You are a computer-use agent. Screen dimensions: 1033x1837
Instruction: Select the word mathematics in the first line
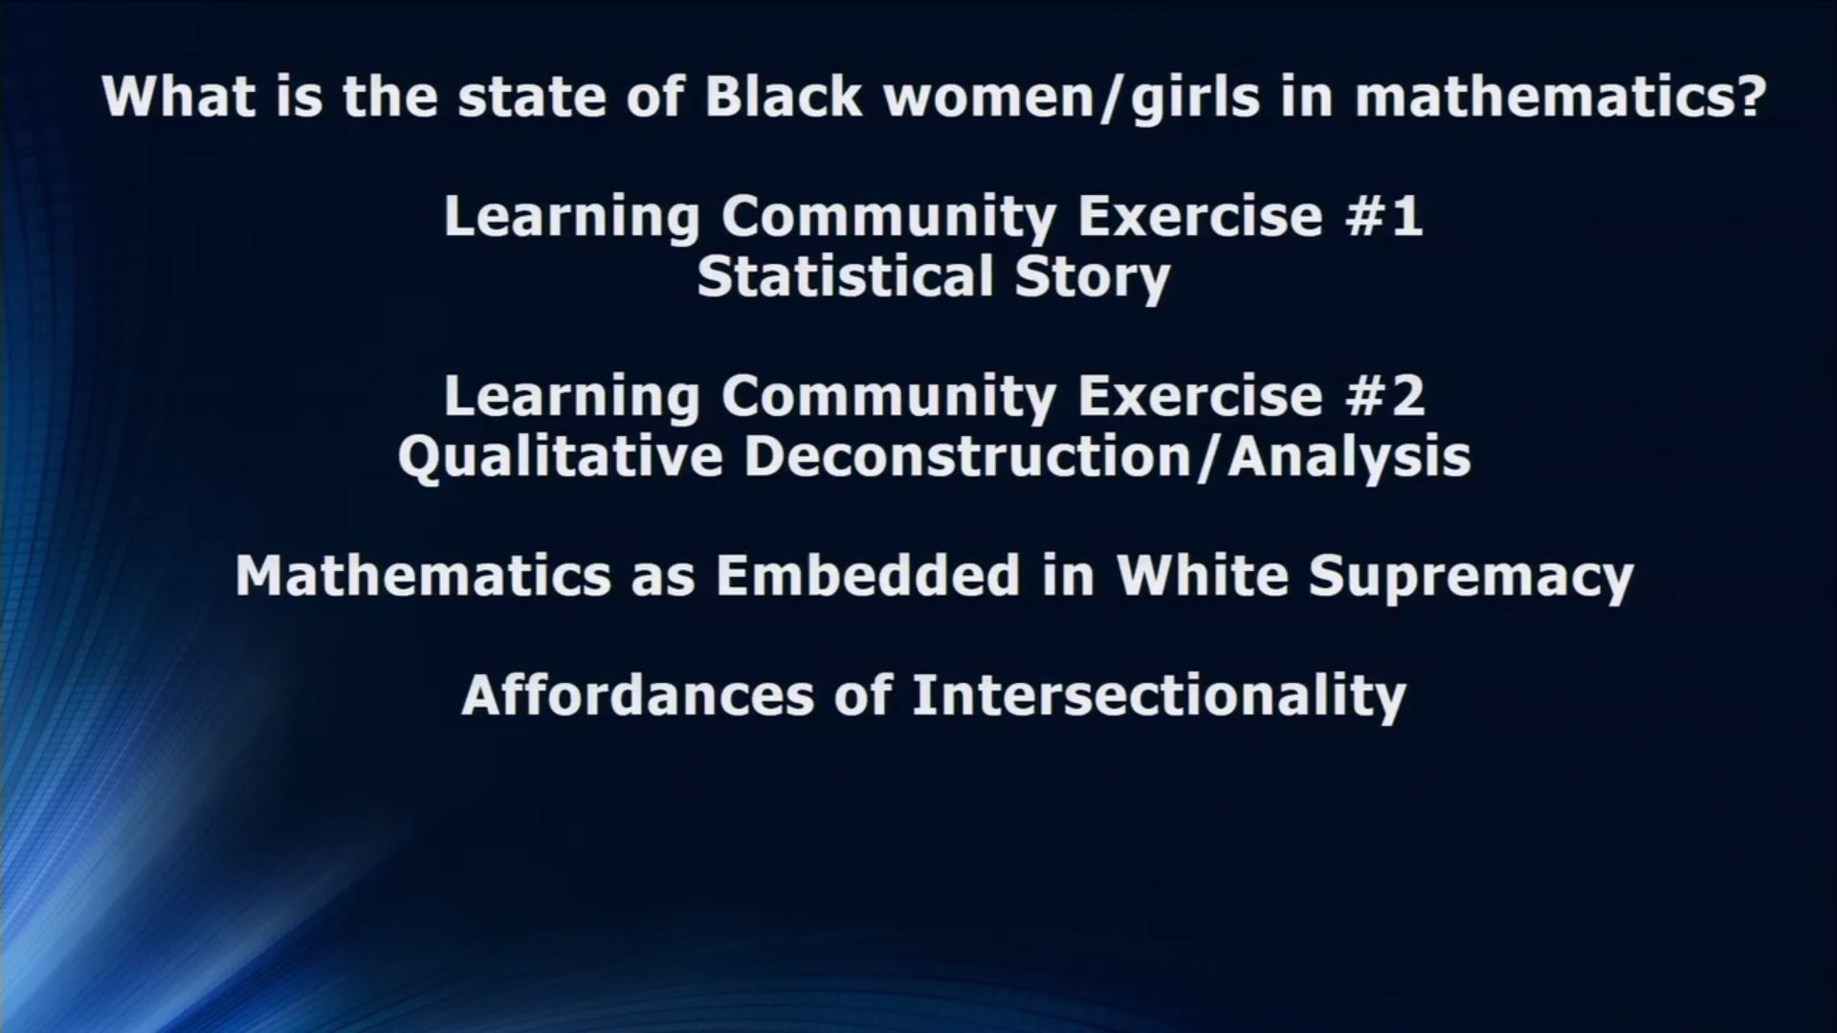point(1544,97)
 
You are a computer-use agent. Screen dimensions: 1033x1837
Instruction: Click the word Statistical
point(845,277)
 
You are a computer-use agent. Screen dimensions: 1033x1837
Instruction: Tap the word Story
point(1093,277)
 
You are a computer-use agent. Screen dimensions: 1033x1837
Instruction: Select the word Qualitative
point(560,456)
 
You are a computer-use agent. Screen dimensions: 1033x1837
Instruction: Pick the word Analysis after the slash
point(1349,456)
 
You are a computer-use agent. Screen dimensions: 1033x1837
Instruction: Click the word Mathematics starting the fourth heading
point(423,576)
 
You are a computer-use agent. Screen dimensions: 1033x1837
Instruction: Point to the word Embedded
point(868,576)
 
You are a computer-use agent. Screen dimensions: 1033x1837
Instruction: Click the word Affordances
point(637,695)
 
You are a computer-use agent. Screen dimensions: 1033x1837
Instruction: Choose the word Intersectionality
point(1159,695)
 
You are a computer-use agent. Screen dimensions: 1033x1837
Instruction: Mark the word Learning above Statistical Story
point(571,216)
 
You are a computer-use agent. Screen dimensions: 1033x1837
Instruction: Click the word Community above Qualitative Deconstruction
point(888,396)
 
